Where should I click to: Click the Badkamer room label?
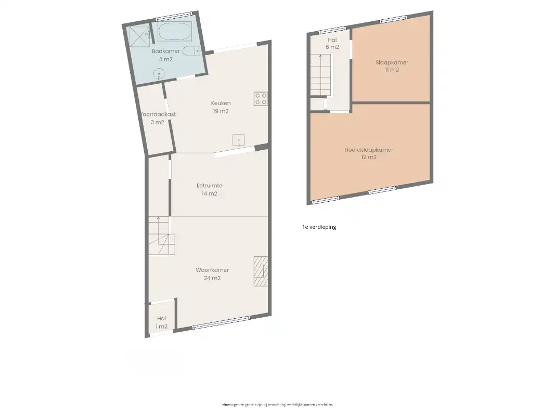(166, 51)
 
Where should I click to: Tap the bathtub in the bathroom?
(174, 31)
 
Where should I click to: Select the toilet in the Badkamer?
(193, 50)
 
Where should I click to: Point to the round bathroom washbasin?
(159, 74)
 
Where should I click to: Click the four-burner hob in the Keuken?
(261, 99)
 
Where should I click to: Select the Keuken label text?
(221, 103)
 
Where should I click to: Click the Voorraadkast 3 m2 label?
(158, 118)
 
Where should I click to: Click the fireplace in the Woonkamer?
(261, 271)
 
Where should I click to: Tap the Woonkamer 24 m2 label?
(212, 274)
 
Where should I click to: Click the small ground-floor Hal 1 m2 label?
(161, 322)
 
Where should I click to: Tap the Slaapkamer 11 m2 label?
(392, 66)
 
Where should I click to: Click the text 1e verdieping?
(319, 227)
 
